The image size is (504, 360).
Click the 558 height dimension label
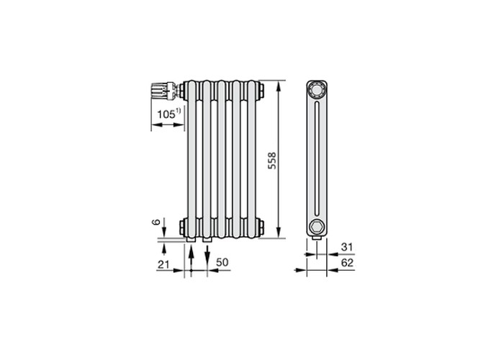click(x=272, y=161)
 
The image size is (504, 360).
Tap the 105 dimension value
click(x=166, y=114)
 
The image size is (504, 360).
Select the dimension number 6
click(x=156, y=222)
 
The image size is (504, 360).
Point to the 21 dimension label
click(x=163, y=264)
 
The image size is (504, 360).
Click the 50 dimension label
click(x=222, y=262)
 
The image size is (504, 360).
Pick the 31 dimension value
click(x=347, y=247)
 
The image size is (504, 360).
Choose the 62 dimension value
click(x=347, y=263)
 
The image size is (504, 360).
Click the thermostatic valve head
click(x=159, y=91)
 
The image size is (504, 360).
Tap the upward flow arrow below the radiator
click(x=192, y=258)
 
